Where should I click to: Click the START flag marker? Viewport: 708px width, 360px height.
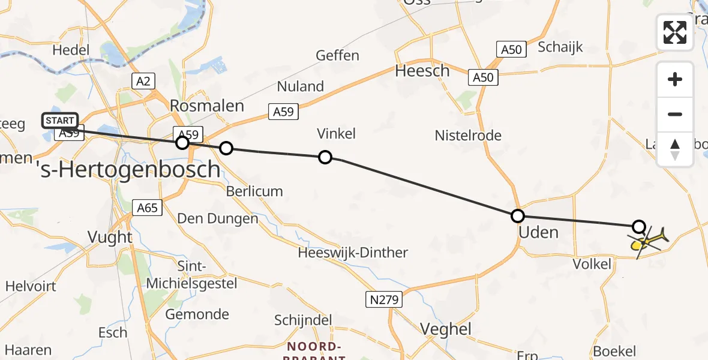tap(60, 121)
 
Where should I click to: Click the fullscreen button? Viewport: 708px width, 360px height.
tap(675, 32)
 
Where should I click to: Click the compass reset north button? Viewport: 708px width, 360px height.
tap(675, 149)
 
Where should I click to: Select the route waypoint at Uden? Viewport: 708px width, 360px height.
tap(517, 216)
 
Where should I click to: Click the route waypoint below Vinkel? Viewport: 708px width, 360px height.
tap(325, 157)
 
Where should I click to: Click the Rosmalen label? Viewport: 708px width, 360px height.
tap(207, 106)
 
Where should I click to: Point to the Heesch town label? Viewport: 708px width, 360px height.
tap(422, 71)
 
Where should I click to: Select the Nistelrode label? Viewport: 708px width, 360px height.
tap(468, 136)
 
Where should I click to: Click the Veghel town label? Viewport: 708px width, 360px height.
tap(445, 329)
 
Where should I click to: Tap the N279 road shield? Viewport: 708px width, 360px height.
tap(383, 298)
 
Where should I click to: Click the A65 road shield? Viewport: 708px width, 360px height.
tap(147, 208)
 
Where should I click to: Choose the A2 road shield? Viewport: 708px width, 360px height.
tap(143, 80)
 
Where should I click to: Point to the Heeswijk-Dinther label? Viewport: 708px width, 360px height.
tap(353, 253)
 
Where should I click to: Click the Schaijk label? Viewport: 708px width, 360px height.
tap(560, 47)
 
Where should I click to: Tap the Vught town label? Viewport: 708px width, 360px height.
tap(110, 237)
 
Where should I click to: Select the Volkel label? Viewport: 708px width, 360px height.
tap(592, 263)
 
